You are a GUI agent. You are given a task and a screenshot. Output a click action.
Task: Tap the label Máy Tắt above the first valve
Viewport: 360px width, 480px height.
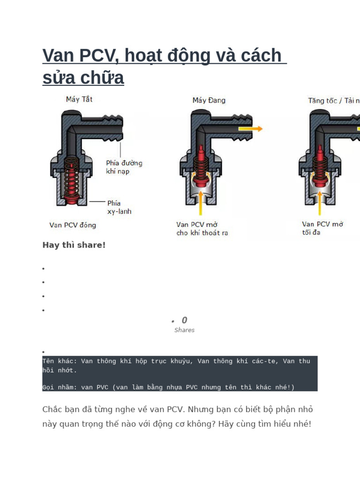(79, 100)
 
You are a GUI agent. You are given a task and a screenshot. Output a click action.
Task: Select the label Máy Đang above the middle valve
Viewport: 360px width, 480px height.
(209, 100)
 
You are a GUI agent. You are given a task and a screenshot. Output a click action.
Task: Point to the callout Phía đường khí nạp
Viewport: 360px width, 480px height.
(124, 167)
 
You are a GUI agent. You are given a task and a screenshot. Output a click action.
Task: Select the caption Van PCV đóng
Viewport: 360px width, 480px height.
(73, 225)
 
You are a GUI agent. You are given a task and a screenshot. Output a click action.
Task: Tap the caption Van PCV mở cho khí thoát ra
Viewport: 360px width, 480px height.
(202, 228)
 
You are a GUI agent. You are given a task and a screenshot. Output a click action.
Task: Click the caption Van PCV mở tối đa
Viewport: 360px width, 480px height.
(322, 228)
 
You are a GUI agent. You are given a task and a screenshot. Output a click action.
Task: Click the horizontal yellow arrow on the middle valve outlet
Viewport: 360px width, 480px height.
(250, 128)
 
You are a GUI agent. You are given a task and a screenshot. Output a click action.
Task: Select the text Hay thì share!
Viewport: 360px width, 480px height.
(74, 245)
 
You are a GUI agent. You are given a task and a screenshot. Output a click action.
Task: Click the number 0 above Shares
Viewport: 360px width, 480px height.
(184, 320)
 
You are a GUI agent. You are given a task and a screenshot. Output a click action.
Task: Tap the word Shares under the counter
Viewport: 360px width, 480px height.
(184, 330)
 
